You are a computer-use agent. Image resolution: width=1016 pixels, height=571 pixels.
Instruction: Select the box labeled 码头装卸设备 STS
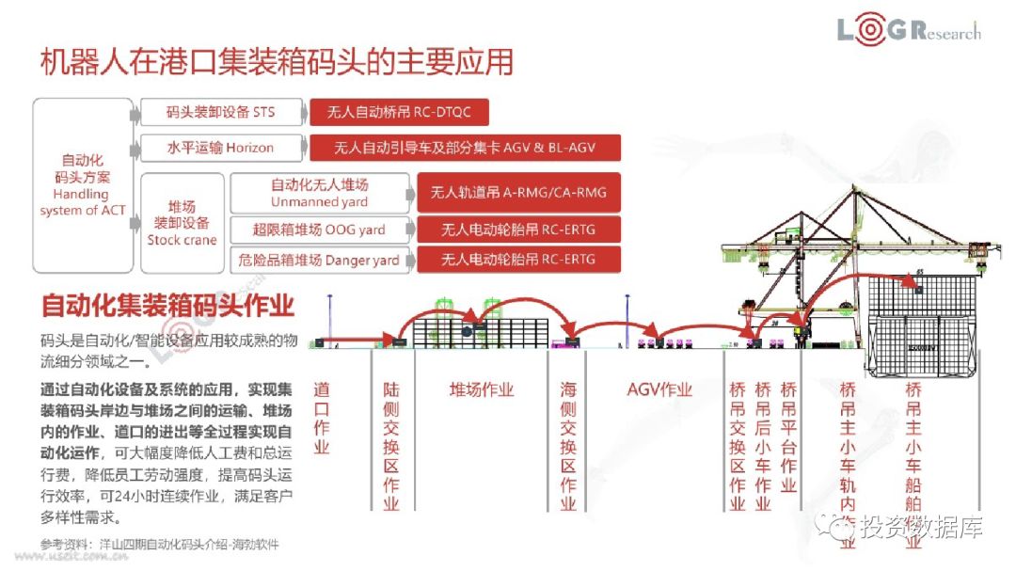click(221, 113)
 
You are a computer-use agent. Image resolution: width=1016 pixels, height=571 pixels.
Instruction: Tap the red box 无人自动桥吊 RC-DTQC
click(398, 113)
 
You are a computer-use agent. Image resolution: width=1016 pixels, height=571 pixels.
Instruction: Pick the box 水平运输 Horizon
click(221, 148)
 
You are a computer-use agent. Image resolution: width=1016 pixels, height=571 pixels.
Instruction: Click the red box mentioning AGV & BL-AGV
click(464, 148)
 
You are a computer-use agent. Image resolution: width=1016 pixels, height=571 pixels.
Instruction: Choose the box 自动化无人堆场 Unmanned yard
click(319, 193)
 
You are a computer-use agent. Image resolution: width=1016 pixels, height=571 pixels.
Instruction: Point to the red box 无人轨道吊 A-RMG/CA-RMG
click(518, 193)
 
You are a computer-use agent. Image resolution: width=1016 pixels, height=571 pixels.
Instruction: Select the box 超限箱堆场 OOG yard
click(319, 230)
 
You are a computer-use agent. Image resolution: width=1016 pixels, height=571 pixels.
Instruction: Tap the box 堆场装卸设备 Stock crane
click(182, 223)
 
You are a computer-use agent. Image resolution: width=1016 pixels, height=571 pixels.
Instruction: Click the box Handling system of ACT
click(82, 185)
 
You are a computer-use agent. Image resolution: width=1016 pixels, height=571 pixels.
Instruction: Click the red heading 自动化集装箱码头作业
click(167, 307)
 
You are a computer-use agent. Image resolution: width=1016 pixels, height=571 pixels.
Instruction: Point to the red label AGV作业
click(659, 390)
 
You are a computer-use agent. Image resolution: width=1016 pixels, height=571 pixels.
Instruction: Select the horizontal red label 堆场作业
click(482, 390)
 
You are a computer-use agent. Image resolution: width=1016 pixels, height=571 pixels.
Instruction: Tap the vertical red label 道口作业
click(322, 418)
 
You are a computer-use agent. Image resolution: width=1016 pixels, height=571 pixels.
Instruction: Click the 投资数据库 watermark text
click(920, 528)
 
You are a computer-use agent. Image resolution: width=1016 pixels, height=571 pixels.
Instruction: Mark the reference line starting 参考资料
click(160, 545)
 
